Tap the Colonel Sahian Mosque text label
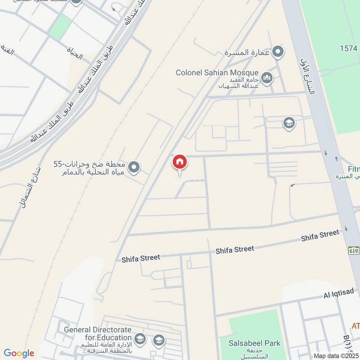[x=217, y=72]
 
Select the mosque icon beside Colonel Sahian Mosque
[x=267, y=79]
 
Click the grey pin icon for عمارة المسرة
[x=279, y=52]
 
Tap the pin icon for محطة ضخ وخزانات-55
[x=134, y=168]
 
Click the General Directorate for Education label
[x=98, y=333]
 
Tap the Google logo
[x=19, y=353]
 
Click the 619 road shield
[x=353, y=250]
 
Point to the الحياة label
[x=75, y=56]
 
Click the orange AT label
[x=355, y=325]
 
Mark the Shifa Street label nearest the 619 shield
[x=320, y=235]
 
